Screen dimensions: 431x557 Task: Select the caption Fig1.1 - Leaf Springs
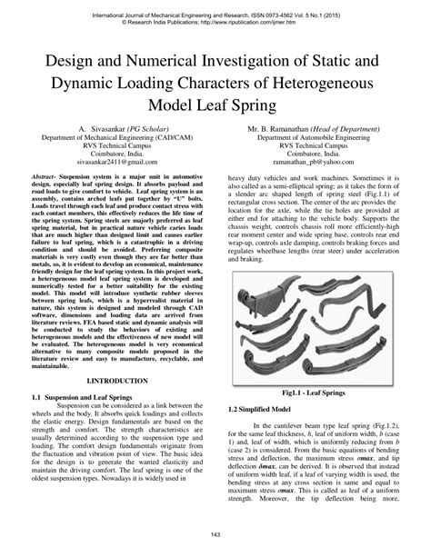(x=316, y=394)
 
